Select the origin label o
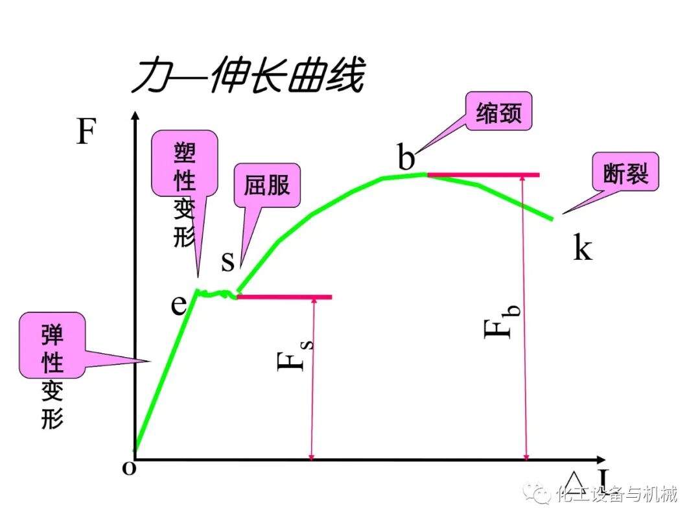(x=130, y=468)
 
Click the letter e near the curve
(x=179, y=304)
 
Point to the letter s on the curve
(x=227, y=261)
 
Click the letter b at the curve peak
(x=406, y=157)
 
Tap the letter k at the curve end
(x=582, y=247)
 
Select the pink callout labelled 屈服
(x=266, y=185)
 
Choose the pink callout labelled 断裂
(x=625, y=172)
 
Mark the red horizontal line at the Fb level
(x=483, y=175)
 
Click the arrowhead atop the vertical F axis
(x=135, y=117)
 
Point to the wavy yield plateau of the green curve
(x=217, y=294)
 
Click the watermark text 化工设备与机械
(x=616, y=495)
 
